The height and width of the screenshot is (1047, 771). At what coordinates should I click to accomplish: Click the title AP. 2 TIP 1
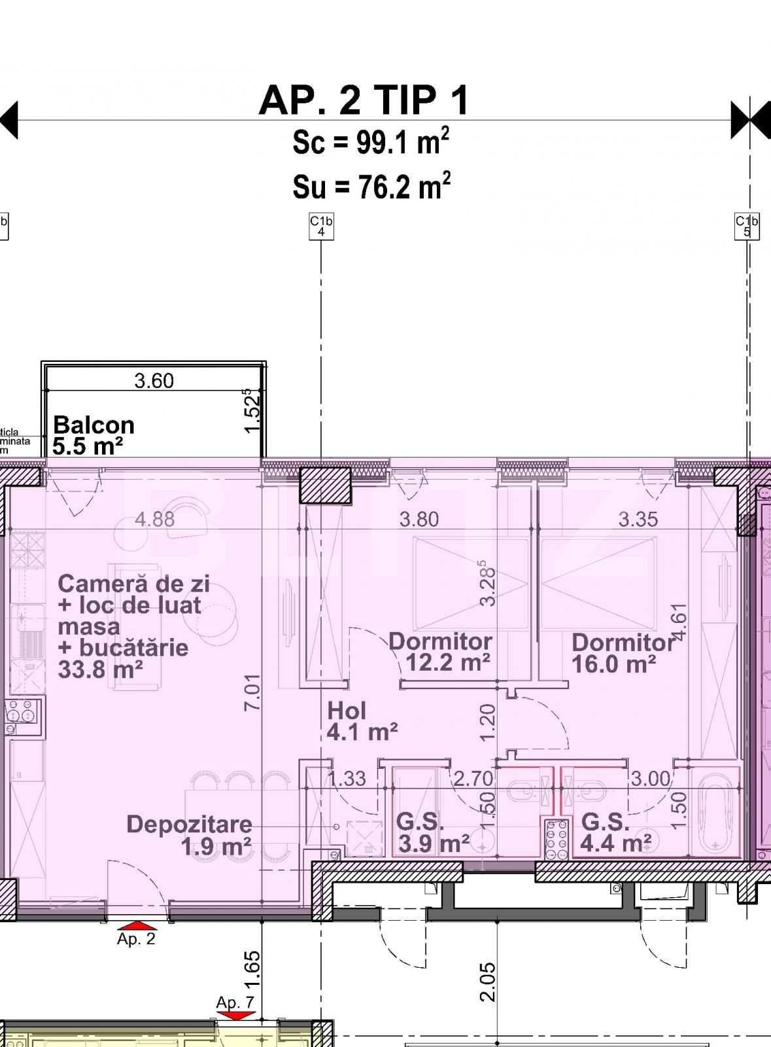[364, 101]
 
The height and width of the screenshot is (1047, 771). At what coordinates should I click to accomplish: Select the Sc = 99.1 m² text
[370, 142]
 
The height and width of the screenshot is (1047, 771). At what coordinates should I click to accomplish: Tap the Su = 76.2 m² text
[371, 187]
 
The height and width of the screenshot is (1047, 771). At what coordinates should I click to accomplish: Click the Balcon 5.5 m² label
[93, 435]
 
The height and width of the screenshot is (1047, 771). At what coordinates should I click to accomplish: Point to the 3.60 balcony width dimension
[154, 381]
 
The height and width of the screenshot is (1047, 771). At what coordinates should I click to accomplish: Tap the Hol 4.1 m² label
[362, 720]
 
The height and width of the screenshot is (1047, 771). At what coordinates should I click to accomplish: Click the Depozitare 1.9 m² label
[189, 835]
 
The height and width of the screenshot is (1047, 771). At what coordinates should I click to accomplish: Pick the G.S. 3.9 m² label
[432, 832]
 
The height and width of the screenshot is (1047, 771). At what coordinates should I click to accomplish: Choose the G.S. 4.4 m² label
[615, 832]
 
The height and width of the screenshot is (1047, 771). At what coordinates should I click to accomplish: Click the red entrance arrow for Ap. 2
[138, 925]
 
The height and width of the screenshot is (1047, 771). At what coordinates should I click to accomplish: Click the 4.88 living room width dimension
[155, 520]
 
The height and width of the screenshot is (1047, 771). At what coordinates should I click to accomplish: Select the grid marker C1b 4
[321, 226]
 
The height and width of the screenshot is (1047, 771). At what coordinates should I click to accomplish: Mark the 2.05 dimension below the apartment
[487, 981]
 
